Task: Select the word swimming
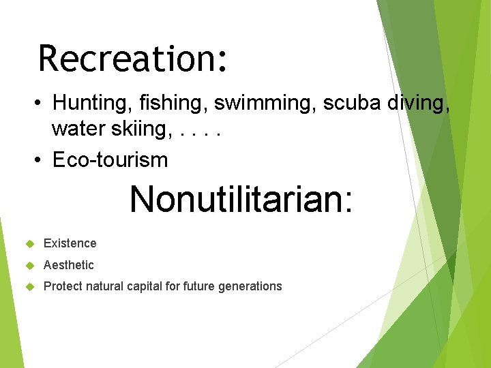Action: coord(265,103)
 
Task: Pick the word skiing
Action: coord(141,128)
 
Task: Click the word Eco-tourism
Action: coord(110,160)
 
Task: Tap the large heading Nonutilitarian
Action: coord(241,199)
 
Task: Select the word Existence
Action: coord(70,243)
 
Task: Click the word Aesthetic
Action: coord(68,265)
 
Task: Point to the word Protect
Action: coord(62,286)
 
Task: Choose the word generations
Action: coord(250,286)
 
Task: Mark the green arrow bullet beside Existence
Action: coord(29,243)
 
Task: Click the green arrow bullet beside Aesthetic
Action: coord(29,265)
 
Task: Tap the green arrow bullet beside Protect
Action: coord(29,286)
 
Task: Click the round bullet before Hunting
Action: coord(40,104)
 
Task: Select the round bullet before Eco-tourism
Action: coord(40,161)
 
